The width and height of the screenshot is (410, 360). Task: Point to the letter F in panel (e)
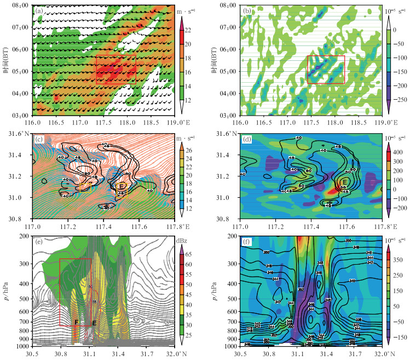pyautogui.click(x=77, y=323)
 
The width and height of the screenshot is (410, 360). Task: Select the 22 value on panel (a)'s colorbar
pyautogui.click(x=192, y=30)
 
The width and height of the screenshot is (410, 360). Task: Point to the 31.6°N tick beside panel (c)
pyautogui.click(x=20, y=134)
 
